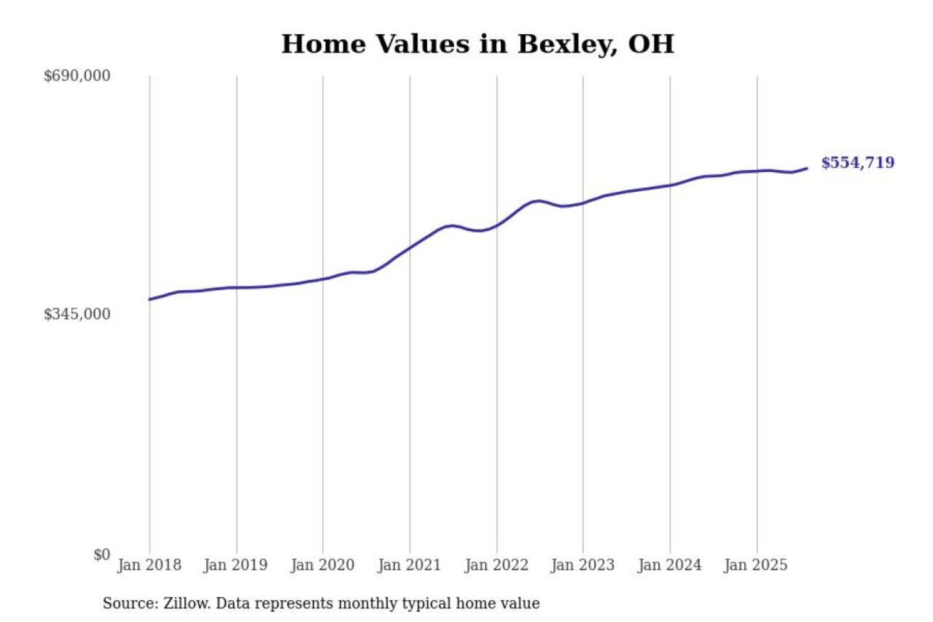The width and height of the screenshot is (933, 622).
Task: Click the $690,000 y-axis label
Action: (x=76, y=76)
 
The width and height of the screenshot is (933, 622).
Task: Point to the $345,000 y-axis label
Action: (x=76, y=314)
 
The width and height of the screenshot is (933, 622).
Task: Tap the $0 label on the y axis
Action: (x=101, y=555)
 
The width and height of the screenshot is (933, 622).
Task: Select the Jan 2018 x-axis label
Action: (x=149, y=565)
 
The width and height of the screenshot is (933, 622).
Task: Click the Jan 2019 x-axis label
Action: (x=235, y=565)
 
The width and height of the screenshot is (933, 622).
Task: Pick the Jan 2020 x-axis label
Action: (x=322, y=565)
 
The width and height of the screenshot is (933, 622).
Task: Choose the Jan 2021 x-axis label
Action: (x=409, y=565)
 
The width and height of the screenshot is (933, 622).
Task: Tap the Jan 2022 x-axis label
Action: (x=496, y=565)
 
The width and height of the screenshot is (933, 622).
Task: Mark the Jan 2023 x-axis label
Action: (x=582, y=565)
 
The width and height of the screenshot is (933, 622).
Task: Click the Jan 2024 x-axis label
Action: (x=669, y=565)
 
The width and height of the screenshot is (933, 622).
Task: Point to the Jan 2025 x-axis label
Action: (x=755, y=565)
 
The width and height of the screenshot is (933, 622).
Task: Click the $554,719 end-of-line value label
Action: (x=858, y=163)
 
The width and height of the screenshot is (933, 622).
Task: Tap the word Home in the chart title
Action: (x=322, y=44)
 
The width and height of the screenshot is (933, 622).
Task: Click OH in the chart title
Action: (x=651, y=44)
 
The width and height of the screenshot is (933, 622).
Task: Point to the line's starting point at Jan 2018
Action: (x=150, y=299)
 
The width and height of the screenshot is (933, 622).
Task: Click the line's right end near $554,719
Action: (x=807, y=168)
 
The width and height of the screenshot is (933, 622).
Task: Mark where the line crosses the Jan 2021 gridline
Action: (x=409, y=248)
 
